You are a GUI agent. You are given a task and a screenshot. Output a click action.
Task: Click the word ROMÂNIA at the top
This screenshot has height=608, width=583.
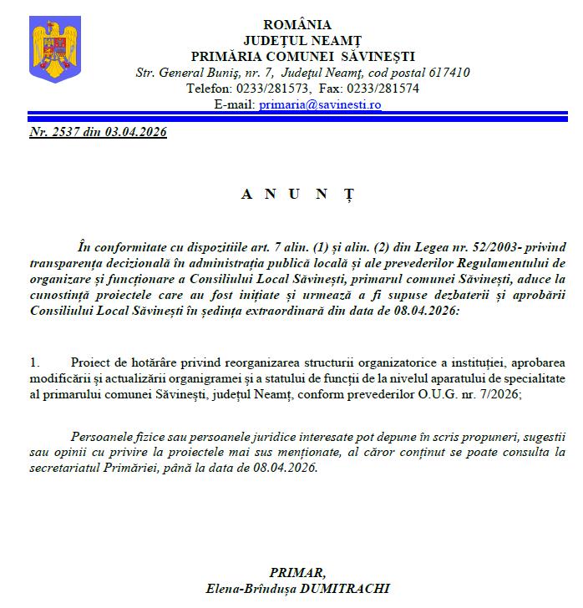297,25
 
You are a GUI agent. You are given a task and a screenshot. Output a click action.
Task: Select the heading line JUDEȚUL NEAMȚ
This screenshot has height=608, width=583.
297,40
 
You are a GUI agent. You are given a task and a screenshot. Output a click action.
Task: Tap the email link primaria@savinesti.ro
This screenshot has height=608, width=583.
320,104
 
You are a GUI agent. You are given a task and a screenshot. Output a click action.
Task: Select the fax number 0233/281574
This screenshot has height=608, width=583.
387,89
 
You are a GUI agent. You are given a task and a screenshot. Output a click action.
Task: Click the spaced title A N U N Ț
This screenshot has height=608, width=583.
297,194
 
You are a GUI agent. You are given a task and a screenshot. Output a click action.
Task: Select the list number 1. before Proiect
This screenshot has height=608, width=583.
34,363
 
